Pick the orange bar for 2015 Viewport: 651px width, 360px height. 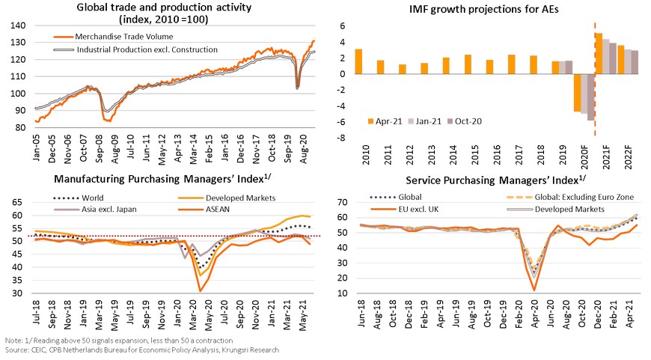coord(468,64)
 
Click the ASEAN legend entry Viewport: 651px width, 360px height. coord(221,209)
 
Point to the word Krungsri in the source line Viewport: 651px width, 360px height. coord(230,350)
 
